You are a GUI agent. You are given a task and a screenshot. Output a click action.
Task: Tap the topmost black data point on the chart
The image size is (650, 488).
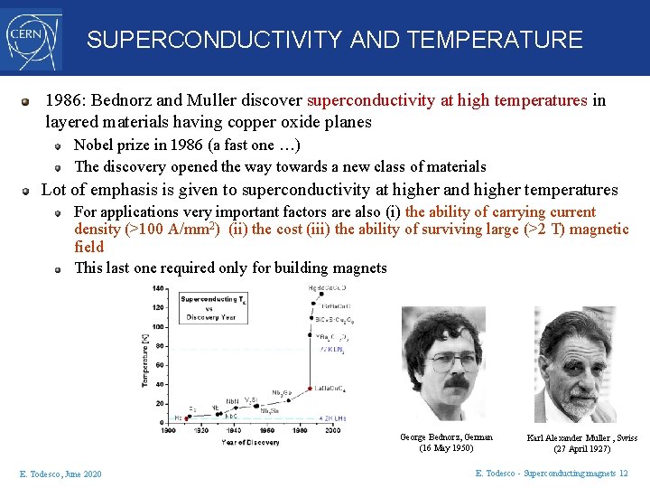tap(312, 288)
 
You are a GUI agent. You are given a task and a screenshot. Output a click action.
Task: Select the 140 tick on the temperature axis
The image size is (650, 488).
tap(158, 288)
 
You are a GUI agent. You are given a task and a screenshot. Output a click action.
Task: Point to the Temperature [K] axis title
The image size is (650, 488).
tap(144, 359)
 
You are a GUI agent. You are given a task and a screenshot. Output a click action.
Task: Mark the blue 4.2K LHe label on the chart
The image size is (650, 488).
tap(333, 418)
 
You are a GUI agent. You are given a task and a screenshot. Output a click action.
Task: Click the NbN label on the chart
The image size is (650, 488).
tap(231, 400)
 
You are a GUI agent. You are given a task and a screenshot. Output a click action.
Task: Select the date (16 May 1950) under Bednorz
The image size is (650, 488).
tap(446, 448)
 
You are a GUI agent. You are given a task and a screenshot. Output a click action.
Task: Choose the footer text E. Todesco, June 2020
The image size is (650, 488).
tap(60, 474)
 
